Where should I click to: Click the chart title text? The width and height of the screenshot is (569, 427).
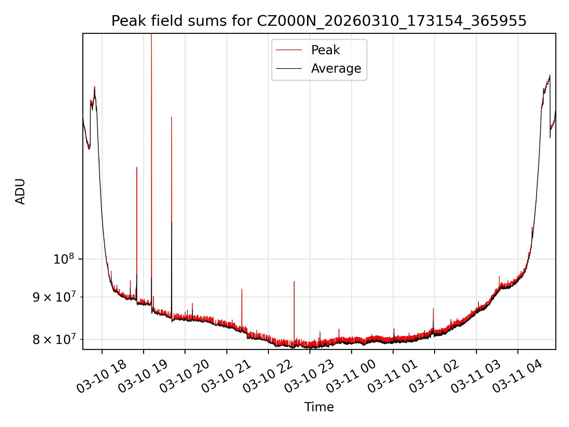click(x=319, y=21)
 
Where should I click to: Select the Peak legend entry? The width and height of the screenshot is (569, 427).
click(x=325, y=50)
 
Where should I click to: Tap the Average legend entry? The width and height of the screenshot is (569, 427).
click(x=336, y=68)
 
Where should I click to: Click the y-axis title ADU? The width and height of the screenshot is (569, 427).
click(x=20, y=192)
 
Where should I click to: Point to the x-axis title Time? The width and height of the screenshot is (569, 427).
click(x=319, y=407)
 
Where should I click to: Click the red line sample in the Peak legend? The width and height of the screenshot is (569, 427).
click(x=289, y=50)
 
